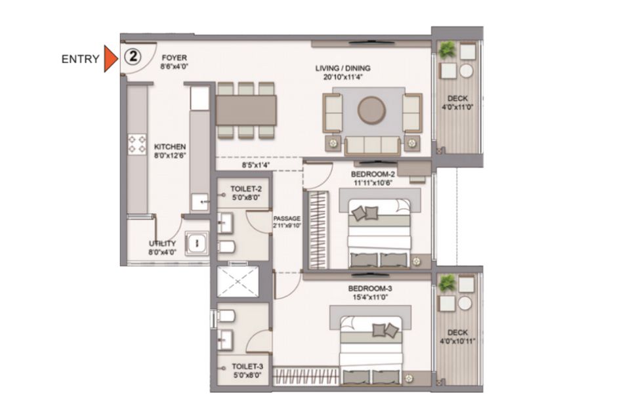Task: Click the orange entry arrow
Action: point(110,58)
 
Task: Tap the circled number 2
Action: point(133,56)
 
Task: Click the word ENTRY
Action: point(80,59)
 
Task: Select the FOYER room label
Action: point(174,58)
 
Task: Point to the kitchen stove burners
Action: point(137,144)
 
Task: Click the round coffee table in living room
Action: point(371,110)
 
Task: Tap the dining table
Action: point(246,110)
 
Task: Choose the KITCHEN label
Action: point(170,147)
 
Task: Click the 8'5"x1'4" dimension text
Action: point(255,165)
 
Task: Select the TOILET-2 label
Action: point(246,188)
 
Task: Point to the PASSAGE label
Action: point(287,218)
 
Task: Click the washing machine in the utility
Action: point(197,243)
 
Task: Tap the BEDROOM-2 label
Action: point(373,174)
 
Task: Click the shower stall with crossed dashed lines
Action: point(238,282)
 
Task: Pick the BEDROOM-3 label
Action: point(370,289)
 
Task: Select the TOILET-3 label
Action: point(247,366)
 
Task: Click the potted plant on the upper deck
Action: point(447,50)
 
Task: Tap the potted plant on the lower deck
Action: point(447,283)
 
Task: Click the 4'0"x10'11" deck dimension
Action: point(458,341)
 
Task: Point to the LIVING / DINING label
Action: point(343,68)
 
